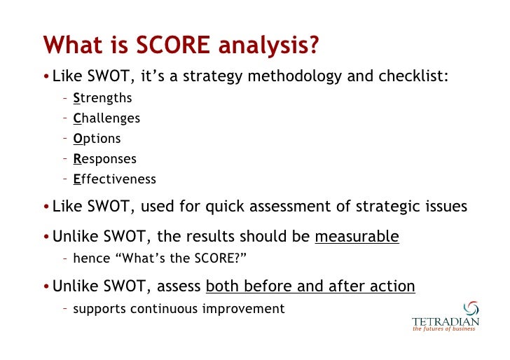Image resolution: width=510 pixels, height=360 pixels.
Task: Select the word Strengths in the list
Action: point(102,98)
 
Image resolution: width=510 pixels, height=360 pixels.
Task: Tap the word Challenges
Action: point(106,118)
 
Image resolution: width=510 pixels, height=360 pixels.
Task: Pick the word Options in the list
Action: point(97,139)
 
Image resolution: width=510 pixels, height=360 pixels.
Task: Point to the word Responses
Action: point(104,159)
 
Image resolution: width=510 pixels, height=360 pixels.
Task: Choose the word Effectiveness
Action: point(114,179)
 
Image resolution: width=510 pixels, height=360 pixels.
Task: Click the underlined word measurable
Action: point(357,237)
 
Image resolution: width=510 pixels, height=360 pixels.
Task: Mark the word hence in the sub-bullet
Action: point(92,258)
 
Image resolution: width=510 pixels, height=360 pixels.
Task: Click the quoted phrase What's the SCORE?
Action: point(185,258)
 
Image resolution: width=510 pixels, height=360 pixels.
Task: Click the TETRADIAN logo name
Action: point(446,321)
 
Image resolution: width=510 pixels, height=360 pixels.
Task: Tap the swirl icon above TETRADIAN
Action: point(471,309)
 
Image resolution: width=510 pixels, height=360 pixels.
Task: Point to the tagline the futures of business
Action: point(443,329)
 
